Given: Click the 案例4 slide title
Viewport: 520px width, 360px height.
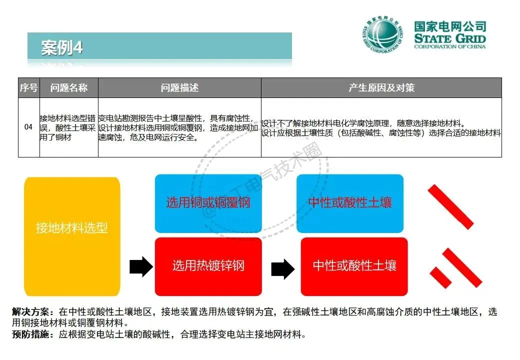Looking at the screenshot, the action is pos(62,48).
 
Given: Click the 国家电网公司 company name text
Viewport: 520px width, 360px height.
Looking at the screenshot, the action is pos(449,27).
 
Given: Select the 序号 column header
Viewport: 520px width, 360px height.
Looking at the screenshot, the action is pos(28,88).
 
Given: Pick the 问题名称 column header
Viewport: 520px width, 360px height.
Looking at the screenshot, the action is pos(68,88).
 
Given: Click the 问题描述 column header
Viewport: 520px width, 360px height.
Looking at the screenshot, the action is pos(179,88).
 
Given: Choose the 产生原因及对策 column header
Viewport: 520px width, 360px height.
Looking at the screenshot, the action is pos(381,88).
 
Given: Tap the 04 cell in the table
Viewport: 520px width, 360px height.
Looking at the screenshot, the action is pos(28,127).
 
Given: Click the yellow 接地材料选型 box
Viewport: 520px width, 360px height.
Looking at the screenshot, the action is pos(72,228).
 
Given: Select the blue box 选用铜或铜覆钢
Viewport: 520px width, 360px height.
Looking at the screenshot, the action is pos(208,203).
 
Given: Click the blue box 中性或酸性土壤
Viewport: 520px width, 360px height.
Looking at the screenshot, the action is pos(350,203).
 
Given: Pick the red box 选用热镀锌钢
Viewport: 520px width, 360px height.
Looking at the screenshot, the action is pos(208,265).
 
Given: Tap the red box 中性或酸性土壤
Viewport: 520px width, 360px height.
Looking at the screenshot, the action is pos(354,265).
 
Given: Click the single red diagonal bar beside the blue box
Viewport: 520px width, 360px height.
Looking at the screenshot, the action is pos(450,206).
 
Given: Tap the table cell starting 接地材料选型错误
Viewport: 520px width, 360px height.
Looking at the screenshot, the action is pos(68,127).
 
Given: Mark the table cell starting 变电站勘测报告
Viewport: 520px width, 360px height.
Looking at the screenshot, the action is pos(179,127).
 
